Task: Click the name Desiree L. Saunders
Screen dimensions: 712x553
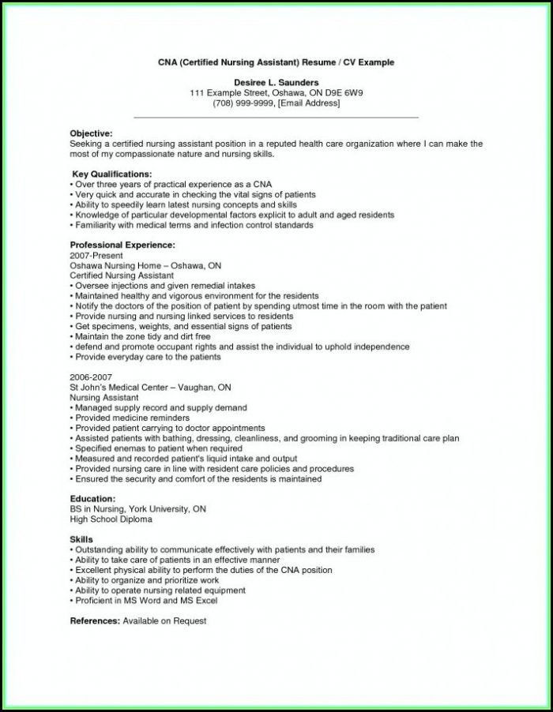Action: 276,82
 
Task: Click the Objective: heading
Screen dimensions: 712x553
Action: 91,134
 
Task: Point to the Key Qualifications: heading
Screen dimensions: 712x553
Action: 111,174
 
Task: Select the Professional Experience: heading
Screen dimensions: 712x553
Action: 122,245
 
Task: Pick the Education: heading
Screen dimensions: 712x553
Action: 92,499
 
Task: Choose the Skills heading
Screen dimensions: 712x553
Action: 81,539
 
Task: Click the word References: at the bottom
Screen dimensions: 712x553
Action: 95,621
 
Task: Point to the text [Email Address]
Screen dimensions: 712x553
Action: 309,103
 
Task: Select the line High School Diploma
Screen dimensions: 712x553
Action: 111,519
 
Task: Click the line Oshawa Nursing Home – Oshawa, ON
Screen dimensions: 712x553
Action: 145,266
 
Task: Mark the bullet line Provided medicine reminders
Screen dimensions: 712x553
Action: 132,418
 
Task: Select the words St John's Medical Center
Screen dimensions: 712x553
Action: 125,388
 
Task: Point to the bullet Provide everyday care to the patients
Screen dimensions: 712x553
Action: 147,357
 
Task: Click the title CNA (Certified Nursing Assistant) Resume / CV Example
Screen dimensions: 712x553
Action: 276,62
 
